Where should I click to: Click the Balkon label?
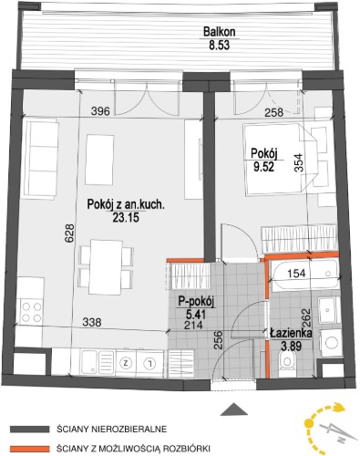[x=220, y=32]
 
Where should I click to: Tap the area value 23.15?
[x=126, y=218]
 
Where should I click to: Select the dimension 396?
[x=100, y=111]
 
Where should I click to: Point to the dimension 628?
[x=69, y=233]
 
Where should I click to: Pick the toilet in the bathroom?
[x=286, y=360]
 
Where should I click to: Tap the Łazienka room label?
[x=291, y=334]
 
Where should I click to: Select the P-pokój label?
[x=196, y=303]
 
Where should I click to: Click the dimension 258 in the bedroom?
[x=273, y=113]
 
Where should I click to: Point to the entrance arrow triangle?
[x=234, y=409]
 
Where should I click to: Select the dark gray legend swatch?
[x=29, y=430]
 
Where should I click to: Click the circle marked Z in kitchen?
[x=125, y=363]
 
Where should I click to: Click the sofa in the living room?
[x=42, y=161]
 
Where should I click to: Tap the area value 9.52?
[x=264, y=167]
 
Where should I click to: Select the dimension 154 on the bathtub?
[x=296, y=273]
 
